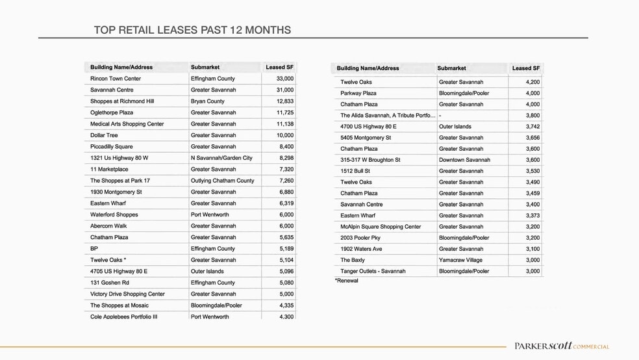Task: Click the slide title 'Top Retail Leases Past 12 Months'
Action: (x=192, y=31)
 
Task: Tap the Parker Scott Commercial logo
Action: (x=561, y=346)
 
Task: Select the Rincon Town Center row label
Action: (x=116, y=79)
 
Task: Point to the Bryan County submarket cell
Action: (x=208, y=101)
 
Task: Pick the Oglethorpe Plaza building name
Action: (x=112, y=112)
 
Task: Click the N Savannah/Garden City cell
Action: (x=221, y=158)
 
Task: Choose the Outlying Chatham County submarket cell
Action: (x=223, y=181)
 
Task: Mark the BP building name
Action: (x=94, y=249)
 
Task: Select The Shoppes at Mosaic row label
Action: (x=119, y=305)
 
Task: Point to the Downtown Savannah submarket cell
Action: (x=464, y=160)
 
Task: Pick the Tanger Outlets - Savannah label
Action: (x=373, y=271)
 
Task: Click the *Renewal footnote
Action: (x=346, y=281)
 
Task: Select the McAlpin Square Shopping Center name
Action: (x=381, y=227)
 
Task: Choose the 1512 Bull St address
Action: (x=356, y=171)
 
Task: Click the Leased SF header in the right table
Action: (x=525, y=68)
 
